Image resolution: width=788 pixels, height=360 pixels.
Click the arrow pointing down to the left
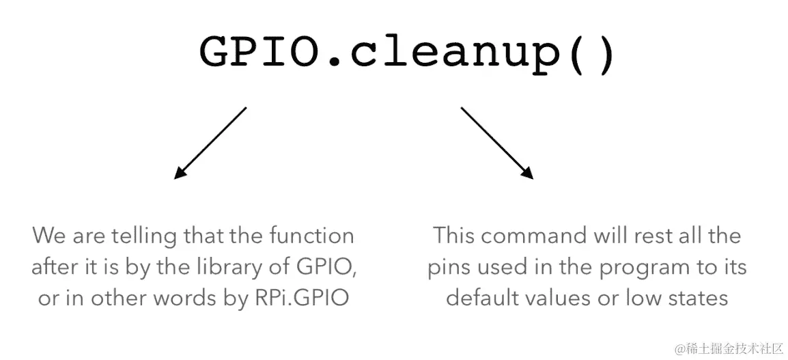coord(210,143)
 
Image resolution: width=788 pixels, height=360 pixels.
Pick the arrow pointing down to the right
coord(497,143)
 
